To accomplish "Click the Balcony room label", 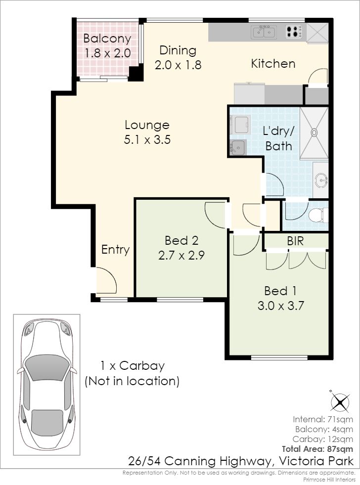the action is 107,39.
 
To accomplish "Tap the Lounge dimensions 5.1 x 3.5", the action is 147,139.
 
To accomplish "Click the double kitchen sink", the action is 265,32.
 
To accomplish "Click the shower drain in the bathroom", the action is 314,132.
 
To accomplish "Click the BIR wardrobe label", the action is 295,241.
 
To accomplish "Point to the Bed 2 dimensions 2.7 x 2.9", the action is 181,256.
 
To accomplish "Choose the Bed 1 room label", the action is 280,291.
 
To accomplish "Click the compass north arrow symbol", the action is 340,402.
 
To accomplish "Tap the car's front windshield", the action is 46,368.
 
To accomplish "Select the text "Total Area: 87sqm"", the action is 317,449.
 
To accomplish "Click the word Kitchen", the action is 273,64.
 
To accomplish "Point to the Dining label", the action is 178,50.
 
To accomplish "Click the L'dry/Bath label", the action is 278,138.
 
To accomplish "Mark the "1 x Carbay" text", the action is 133,366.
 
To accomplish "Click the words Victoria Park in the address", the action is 316,461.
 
